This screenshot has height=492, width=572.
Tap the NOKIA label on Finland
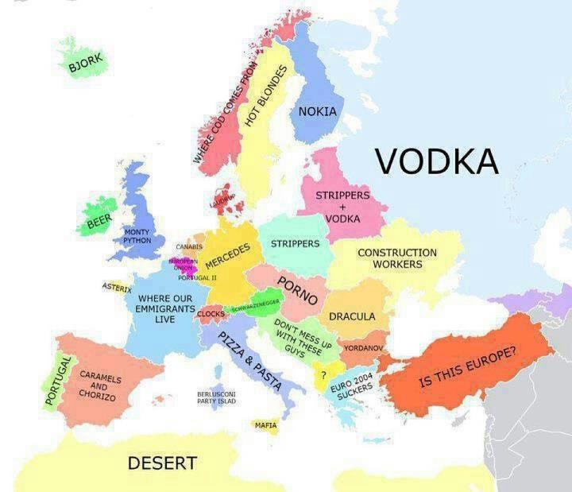coord(318,112)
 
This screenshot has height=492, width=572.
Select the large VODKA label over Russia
coord(437,159)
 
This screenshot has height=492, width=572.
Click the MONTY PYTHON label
coord(137,236)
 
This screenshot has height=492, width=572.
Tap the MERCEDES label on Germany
coord(228,256)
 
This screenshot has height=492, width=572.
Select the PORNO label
coord(298,291)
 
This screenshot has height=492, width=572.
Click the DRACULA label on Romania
coord(352,316)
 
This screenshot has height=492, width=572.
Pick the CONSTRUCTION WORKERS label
coord(397,258)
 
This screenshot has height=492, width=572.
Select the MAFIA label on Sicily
coord(265,425)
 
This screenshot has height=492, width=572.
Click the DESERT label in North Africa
coord(162,463)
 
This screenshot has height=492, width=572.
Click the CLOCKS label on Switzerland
coord(211,314)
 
